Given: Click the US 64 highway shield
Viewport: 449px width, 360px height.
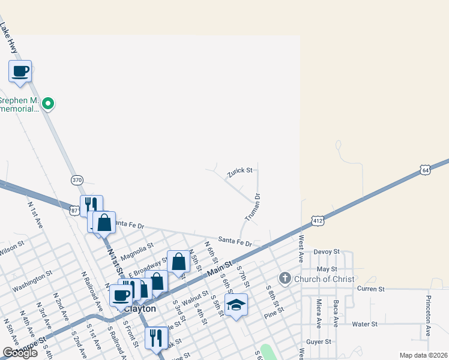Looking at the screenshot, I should (x=425, y=170).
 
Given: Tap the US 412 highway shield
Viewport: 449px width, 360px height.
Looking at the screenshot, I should (x=318, y=221).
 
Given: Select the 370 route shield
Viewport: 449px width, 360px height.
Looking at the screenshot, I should (x=76, y=179).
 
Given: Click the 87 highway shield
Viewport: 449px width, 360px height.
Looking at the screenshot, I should (x=74, y=210).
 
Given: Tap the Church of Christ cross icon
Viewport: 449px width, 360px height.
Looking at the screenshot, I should (x=285, y=278).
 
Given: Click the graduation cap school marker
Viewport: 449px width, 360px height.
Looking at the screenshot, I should (x=236, y=304).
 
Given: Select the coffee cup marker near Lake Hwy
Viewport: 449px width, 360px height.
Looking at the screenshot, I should (x=20, y=71).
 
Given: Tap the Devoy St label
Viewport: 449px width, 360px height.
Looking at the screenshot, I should (x=327, y=251).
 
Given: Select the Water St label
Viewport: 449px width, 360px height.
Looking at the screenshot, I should (x=364, y=324).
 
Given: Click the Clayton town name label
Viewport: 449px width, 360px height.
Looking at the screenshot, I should (x=141, y=308).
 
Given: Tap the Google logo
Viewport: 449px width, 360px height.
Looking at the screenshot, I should (x=20, y=353).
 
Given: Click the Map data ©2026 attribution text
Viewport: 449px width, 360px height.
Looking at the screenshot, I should (x=423, y=355).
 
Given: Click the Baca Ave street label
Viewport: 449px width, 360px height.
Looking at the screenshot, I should (x=336, y=313).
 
